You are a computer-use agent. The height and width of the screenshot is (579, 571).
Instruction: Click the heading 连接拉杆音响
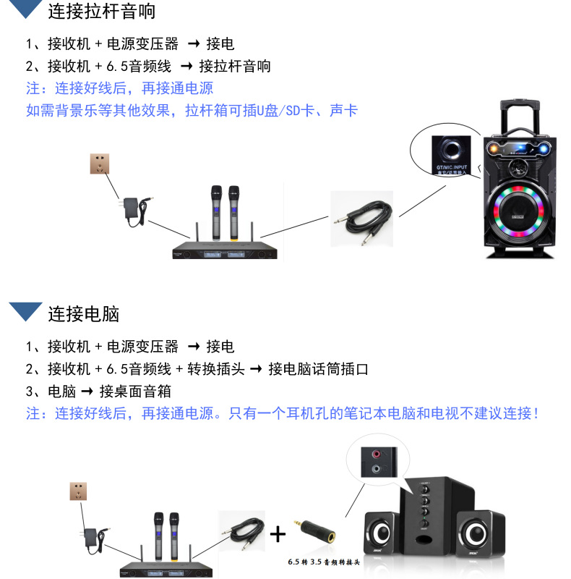pyautogui.click(x=102, y=11)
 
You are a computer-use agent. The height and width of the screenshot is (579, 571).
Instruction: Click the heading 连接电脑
pyautogui.click(x=83, y=313)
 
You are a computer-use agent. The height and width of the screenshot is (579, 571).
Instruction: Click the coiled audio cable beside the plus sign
pyautogui.click(x=242, y=535)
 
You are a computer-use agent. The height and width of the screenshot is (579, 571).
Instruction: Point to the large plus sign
pyautogui.click(x=278, y=535)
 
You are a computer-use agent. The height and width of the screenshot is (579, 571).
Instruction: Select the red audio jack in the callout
pyautogui.click(x=376, y=455)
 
